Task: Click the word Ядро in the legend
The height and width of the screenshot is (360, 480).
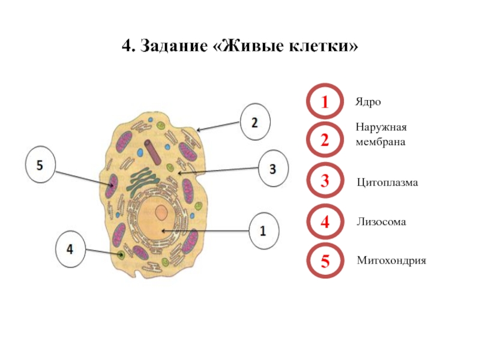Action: [368, 103]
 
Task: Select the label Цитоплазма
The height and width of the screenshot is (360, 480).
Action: [387, 181]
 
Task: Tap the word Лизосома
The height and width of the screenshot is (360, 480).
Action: [382, 222]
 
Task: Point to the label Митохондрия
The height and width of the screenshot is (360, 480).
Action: [391, 261]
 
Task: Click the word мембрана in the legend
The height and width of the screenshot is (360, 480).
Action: [380, 143]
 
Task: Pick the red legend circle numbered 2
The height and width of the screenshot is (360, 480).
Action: [325, 141]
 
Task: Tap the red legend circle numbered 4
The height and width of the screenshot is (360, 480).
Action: [325, 222]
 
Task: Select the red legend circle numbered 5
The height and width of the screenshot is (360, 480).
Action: [325, 261]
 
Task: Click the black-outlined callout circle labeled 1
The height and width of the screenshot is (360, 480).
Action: [263, 230]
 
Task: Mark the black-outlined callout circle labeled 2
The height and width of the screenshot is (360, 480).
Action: [254, 122]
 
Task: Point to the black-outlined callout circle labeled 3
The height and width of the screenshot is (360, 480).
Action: [273, 169]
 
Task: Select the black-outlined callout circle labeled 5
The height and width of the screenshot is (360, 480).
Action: [40, 165]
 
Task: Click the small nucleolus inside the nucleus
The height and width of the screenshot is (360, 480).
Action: [161, 212]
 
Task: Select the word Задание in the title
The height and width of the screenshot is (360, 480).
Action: [175, 46]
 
